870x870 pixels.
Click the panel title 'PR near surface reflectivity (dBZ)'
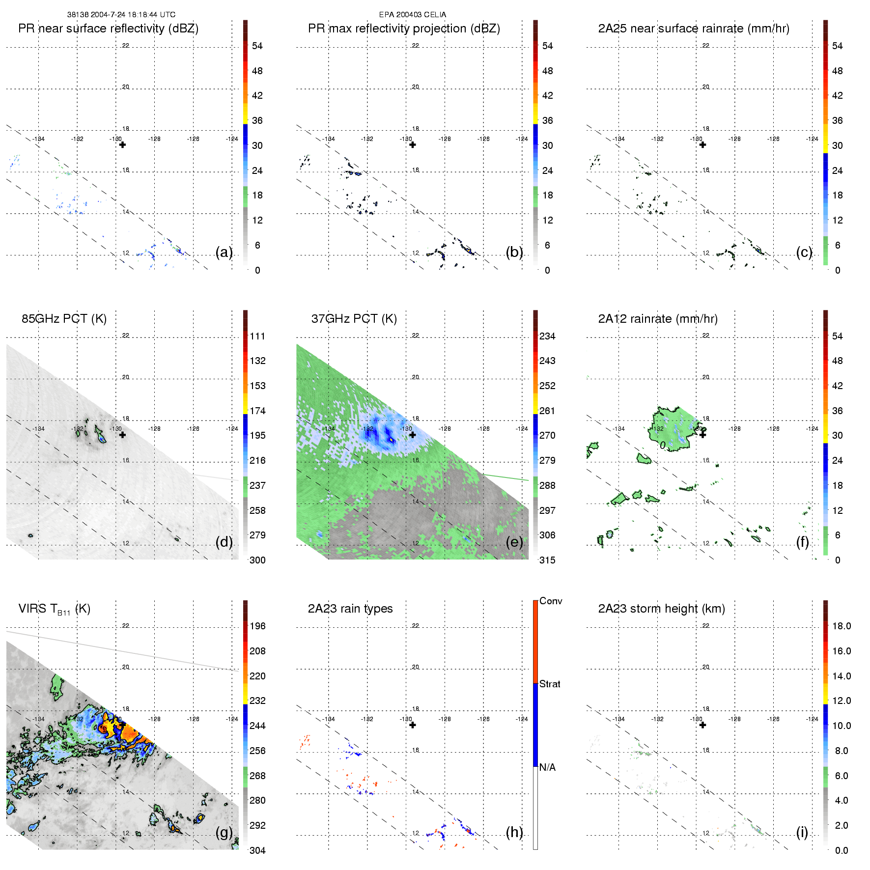coord(108,28)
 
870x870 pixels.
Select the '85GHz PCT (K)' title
coord(64,319)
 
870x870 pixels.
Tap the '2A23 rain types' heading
coord(350,609)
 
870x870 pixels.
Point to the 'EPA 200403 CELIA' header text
coord(413,15)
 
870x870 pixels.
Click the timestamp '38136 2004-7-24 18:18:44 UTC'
coord(121,15)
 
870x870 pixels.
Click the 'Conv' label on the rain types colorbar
coord(551,601)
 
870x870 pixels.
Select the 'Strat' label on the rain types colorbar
coord(550,684)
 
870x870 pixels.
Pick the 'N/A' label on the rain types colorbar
coord(547,767)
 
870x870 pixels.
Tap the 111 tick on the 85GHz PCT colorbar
coord(257,336)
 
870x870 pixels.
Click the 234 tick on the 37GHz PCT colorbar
coord(547,336)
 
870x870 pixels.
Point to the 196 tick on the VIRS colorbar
coord(257,626)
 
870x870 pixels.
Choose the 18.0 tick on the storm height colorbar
coord(842,626)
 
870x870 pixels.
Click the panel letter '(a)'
coord(224,252)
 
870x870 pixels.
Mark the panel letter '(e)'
coord(514,542)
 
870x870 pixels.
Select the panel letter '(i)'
coord(802,832)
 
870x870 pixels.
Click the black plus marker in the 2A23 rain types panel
coord(413,725)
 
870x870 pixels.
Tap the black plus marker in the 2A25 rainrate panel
coord(702,145)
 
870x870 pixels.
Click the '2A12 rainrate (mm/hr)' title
coord(658,319)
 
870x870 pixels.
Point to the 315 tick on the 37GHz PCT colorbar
coord(547,560)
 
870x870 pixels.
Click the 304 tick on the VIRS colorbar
coord(257,850)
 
